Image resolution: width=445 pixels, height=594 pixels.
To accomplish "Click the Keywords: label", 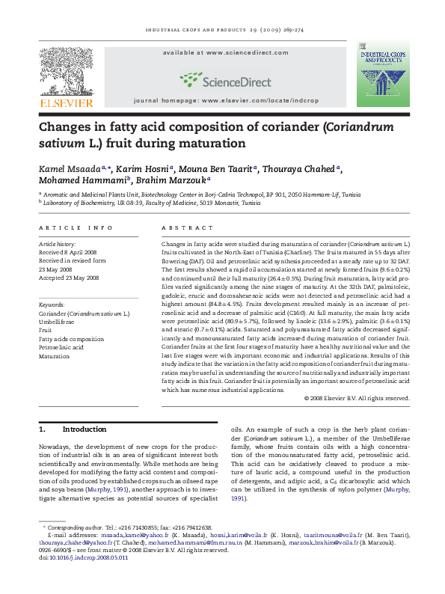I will tap(52, 305).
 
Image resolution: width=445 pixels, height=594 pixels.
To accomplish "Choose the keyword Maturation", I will tap(55, 356).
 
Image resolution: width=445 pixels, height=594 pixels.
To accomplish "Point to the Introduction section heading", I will tap(84, 429).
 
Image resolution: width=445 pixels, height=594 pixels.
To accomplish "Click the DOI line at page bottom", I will tap(83, 557).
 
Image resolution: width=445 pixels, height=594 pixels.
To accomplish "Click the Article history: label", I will tap(57, 244).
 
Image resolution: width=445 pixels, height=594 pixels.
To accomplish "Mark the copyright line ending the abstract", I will tap(357, 398).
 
